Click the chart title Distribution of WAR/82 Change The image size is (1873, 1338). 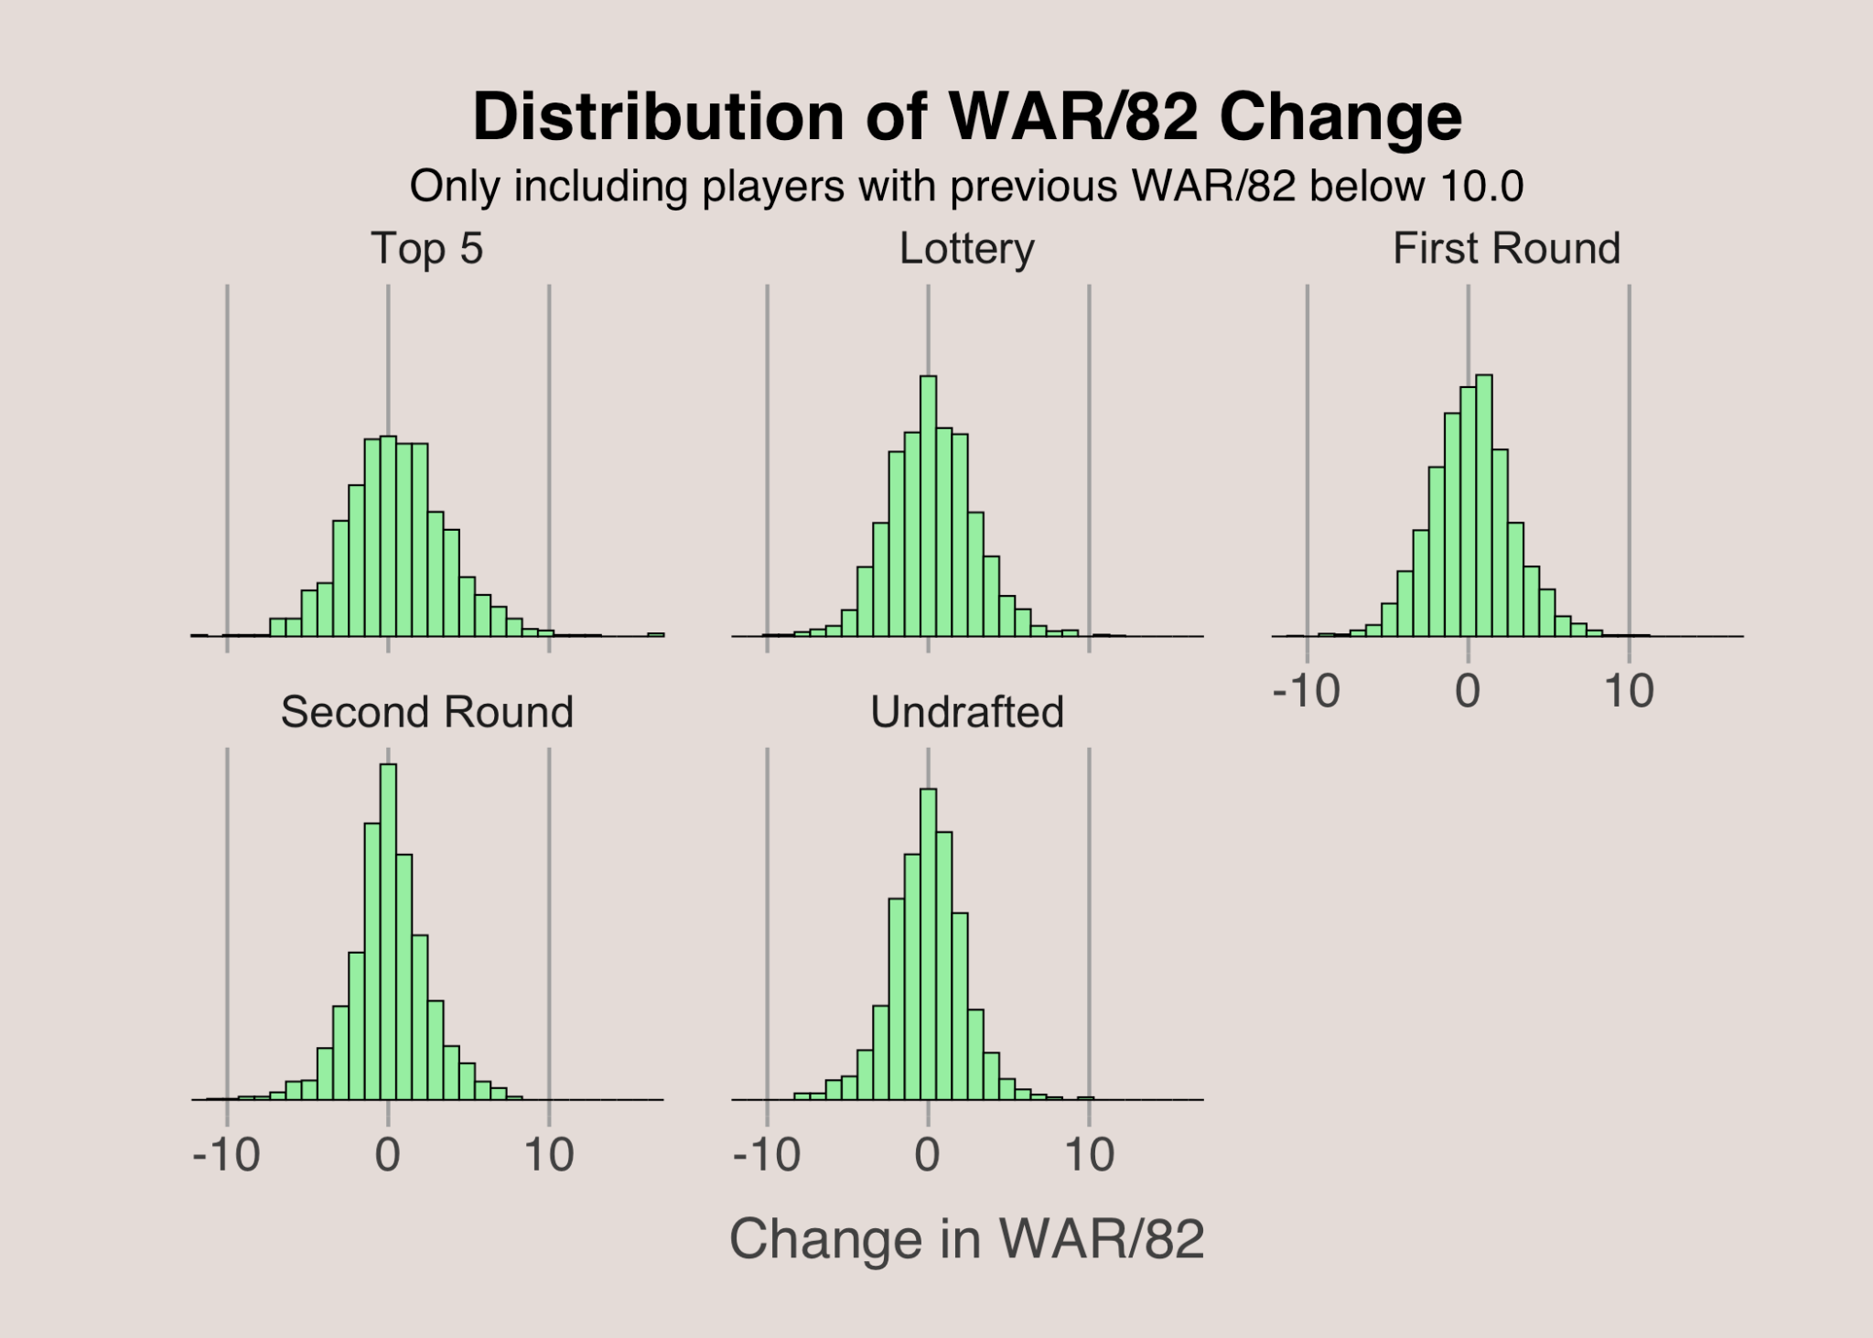pyautogui.click(x=966, y=117)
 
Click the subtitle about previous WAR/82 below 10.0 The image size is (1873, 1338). pyautogui.click(x=966, y=187)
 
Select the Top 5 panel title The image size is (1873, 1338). pyautogui.click(x=426, y=249)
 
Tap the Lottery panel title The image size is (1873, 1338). pyautogui.click(x=966, y=249)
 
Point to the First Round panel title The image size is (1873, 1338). pyautogui.click(x=1506, y=249)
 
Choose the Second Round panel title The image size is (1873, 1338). pyautogui.click(x=426, y=712)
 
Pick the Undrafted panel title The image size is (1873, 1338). pyautogui.click(x=966, y=712)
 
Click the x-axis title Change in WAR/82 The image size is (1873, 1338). pyautogui.click(x=966, y=1239)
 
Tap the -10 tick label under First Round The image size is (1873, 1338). pyautogui.click(x=1306, y=691)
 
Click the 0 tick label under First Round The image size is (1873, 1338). pyautogui.click(x=1468, y=691)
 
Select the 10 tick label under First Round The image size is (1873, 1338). pyautogui.click(x=1629, y=691)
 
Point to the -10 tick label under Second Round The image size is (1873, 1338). pyautogui.click(x=226, y=1155)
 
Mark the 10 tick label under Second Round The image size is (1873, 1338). pyautogui.click(x=549, y=1155)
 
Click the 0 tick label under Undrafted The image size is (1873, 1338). pyautogui.click(x=928, y=1155)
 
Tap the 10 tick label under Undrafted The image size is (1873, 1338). pyautogui.click(x=1089, y=1155)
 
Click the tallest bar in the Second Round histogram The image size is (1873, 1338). pyautogui.click(x=388, y=933)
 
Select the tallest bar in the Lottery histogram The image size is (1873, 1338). pyautogui.click(x=928, y=508)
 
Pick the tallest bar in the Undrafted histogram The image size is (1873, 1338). pyautogui.click(x=928, y=943)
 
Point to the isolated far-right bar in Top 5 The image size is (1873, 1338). pyautogui.click(x=656, y=633)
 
